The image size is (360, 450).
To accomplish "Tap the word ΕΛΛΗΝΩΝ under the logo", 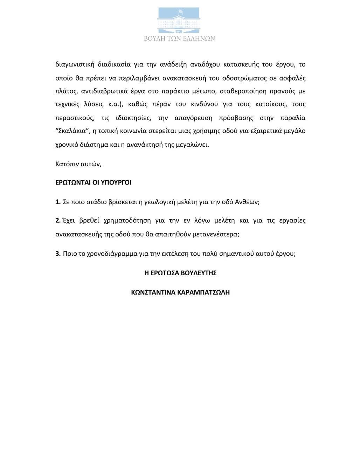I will tap(199, 39).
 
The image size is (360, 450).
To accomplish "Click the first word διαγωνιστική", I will tap(74, 64).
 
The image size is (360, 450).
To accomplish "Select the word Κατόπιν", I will tap(67, 164).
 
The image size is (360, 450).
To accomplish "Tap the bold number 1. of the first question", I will tap(58, 202).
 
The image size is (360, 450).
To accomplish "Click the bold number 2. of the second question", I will tap(58, 221).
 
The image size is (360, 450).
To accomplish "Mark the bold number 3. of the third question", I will tap(58, 254).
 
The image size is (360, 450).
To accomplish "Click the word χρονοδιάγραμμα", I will tap(108, 254).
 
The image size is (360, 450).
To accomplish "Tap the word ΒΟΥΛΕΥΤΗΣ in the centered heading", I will tap(198, 273).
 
